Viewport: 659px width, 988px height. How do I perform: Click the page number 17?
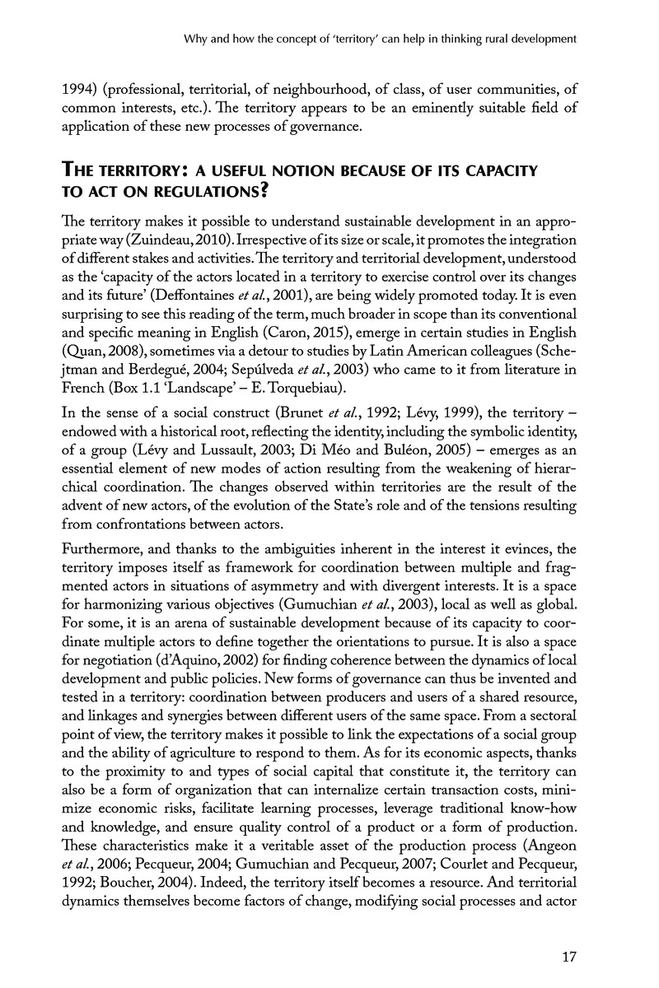564,957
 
